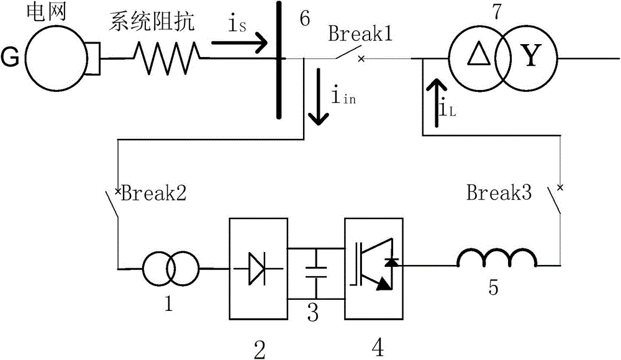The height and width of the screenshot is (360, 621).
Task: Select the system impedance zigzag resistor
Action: point(166,59)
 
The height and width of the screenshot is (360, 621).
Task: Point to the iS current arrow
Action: point(239,43)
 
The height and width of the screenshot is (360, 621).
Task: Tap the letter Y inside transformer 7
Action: point(529,59)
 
